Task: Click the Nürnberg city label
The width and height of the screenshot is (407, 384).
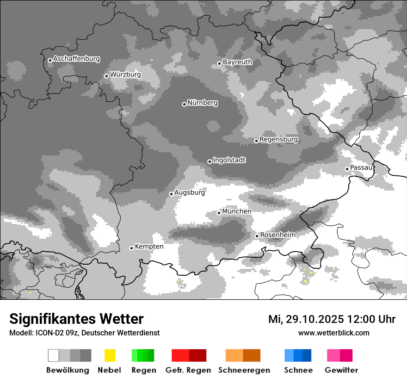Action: pos(203,103)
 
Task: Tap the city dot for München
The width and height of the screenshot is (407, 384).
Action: pos(219,213)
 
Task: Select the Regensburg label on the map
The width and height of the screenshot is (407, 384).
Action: pos(278,139)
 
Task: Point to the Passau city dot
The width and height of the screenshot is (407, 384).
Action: pos(347,169)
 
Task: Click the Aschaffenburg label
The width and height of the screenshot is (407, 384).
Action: pos(76,59)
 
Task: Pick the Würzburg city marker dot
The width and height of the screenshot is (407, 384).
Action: pos(106,76)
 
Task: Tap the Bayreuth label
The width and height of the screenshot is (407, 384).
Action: pos(237,62)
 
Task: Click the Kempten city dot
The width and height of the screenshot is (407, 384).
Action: pos(131,248)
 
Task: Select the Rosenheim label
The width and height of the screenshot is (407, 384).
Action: pos(277,235)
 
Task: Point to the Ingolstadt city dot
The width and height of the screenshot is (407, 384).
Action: pos(210,161)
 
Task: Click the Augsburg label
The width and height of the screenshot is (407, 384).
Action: pos(190,192)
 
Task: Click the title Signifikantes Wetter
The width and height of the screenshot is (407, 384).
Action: pos(76,319)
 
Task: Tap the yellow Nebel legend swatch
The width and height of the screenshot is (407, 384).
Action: pos(110,355)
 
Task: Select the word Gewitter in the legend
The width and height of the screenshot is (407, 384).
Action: pos(341,370)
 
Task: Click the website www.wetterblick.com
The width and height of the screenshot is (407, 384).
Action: pos(334,333)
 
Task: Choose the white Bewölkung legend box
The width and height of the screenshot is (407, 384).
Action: pos(54,355)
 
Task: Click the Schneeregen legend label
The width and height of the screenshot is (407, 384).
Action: pos(244,370)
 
